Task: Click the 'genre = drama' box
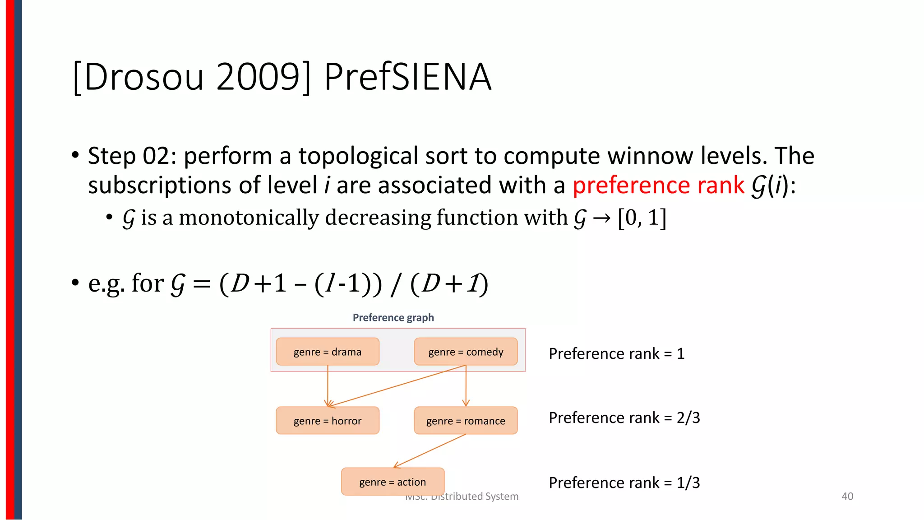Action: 328,352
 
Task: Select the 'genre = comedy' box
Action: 466,352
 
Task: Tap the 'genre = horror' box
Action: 328,421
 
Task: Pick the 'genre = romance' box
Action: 466,421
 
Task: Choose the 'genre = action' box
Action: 393,482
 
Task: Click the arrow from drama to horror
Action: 328,386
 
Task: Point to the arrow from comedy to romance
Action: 466,386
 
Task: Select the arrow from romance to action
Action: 430,450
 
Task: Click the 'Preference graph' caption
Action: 393,318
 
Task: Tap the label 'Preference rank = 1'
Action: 616,353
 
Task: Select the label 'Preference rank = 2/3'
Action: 624,418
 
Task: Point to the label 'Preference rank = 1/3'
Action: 624,483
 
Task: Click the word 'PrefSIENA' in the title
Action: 407,77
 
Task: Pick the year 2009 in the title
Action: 258,77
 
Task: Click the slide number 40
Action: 847,497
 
